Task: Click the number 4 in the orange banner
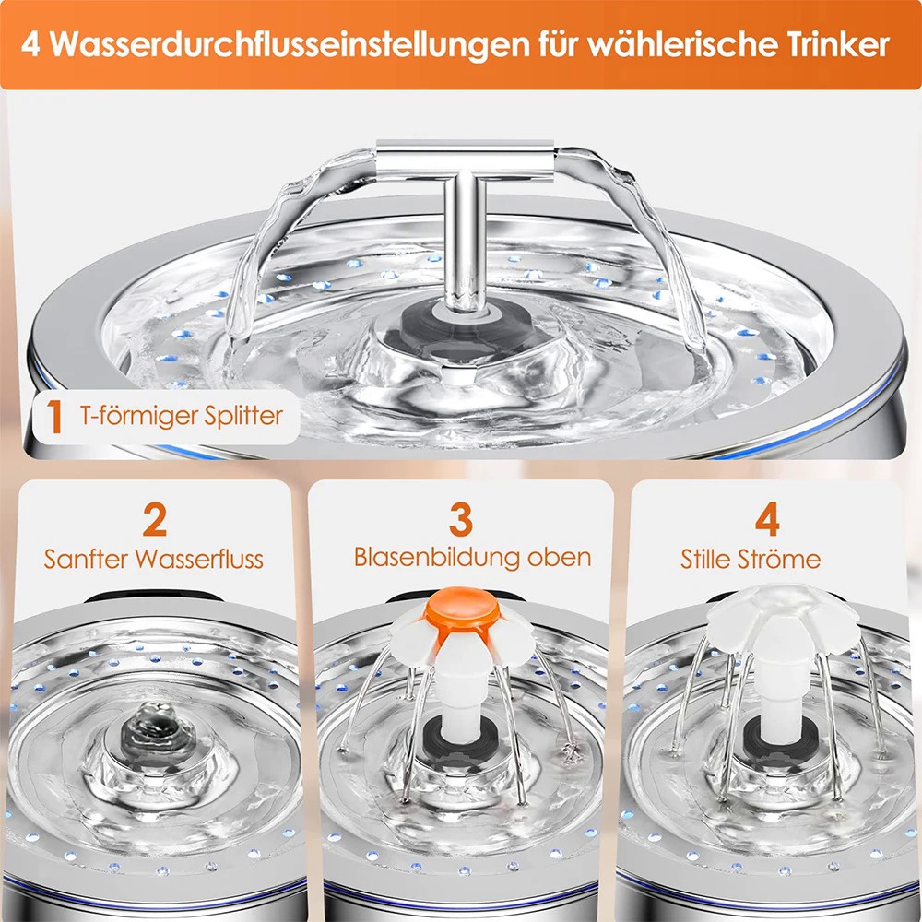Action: point(30,44)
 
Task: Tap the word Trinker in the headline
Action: point(836,44)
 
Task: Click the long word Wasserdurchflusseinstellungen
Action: point(290,45)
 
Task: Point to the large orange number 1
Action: point(54,417)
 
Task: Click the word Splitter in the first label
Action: point(243,416)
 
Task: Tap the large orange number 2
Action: point(155,519)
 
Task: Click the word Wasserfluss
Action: point(199,559)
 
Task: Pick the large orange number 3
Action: point(461,519)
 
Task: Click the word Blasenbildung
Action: point(437,558)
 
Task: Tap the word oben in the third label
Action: point(560,558)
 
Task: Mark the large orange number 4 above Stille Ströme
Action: point(767,519)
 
